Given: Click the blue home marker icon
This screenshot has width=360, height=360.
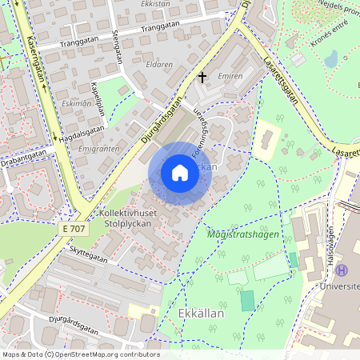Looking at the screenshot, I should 180,173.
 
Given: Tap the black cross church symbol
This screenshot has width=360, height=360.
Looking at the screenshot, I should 202,78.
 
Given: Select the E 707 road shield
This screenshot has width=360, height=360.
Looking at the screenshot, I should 73,229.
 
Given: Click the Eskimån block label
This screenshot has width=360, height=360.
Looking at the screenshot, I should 76,103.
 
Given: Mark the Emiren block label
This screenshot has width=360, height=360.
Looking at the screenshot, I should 230,77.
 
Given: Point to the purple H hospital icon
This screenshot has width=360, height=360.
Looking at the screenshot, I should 342,270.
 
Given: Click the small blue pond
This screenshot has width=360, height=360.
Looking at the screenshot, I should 331,58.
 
